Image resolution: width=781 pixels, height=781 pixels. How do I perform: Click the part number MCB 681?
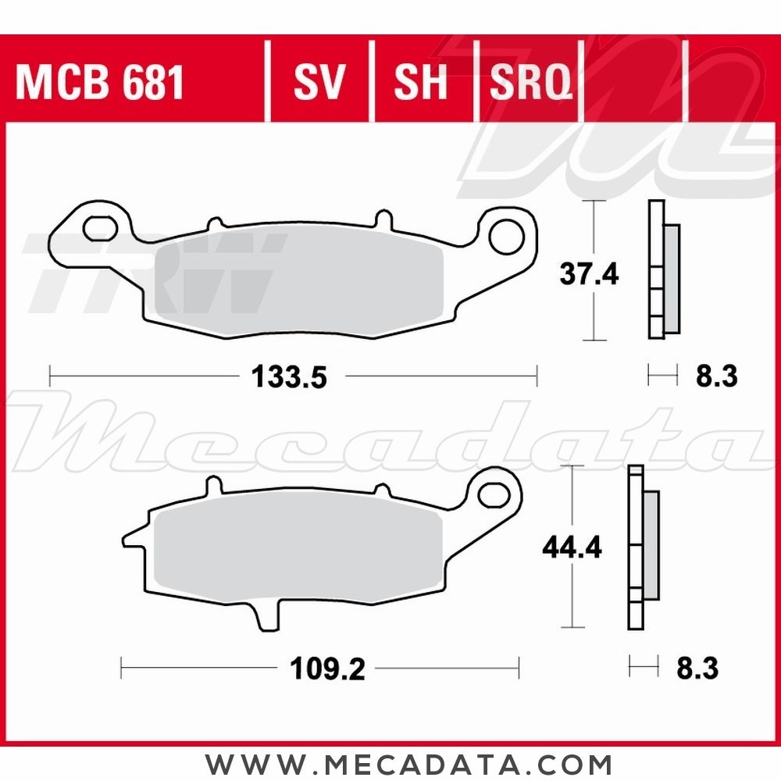click(99, 82)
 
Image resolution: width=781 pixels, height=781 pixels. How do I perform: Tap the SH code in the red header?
click(421, 82)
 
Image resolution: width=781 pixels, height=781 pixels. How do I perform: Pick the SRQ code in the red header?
click(530, 82)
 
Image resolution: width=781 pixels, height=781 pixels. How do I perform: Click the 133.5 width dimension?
click(287, 378)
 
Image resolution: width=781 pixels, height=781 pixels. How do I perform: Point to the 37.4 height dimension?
click(589, 274)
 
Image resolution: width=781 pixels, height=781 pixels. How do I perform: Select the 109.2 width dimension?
click(328, 669)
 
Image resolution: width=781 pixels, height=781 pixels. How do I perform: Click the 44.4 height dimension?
click(572, 549)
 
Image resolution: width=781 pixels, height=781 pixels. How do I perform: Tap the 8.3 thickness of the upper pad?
click(715, 377)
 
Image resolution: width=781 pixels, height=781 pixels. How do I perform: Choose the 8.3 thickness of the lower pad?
click(697, 669)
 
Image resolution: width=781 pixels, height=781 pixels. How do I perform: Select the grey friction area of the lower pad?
click(297, 547)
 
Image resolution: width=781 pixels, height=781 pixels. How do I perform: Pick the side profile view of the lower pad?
click(641, 547)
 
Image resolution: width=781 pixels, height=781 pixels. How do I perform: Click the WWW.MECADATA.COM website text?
click(408, 763)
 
